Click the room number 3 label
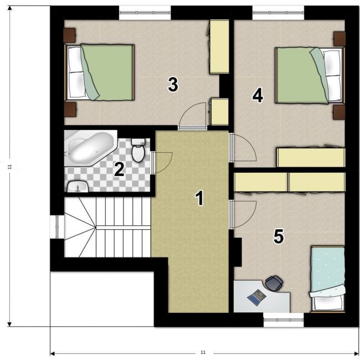(173, 85)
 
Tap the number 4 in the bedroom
(258, 95)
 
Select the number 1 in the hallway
(199, 198)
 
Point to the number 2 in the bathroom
(120, 169)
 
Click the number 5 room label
(278, 236)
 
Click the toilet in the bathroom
(138, 150)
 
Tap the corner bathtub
(91, 148)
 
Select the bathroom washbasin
(78, 186)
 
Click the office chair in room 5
(274, 284)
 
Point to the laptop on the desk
(256, 297)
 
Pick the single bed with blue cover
(327, 279)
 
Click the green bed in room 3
(99, 73)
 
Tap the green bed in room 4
(310, 75)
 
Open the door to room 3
(192, 116)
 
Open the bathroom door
(162, 162)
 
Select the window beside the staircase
(56, 227)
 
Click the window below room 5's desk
(284, 320)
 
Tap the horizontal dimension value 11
(203, 352)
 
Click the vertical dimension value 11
(9, 167)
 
